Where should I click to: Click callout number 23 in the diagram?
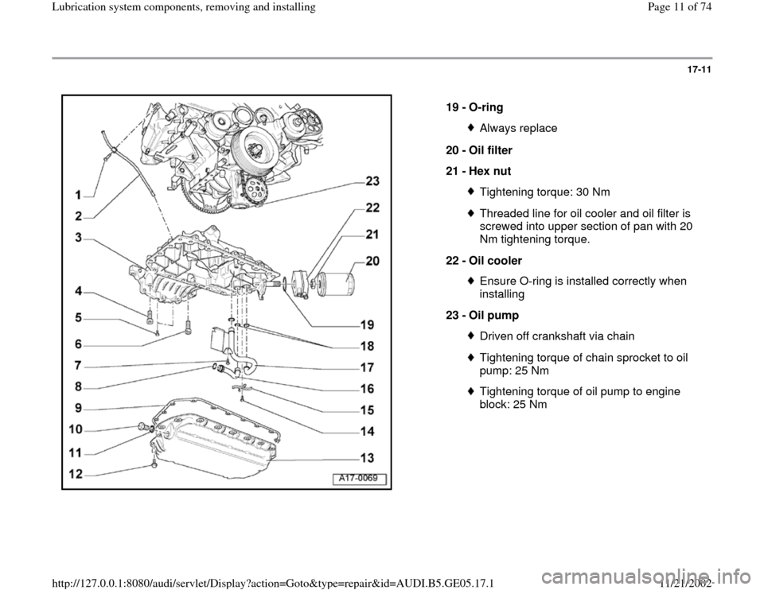[x=372, y=181]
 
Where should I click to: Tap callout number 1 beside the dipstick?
[x=80, y=194]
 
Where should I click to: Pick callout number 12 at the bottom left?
[x=76, y=474]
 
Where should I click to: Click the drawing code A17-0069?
[x=360, y=477]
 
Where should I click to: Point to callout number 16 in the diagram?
[x=367, y=389]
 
